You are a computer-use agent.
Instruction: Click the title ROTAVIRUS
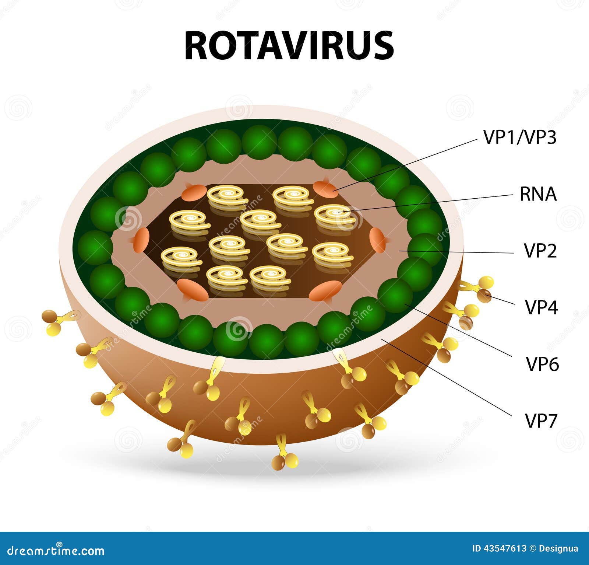tap(289, 46)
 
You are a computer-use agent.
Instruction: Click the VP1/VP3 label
tap(519, 137)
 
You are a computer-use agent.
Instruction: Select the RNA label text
tap(538, 194)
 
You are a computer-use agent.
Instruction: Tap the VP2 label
tap(540, 251)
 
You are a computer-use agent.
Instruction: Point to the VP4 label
tap(541, 307)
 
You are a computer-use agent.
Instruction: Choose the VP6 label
tap(542, 364)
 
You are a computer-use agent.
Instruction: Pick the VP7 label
tap(541, 421)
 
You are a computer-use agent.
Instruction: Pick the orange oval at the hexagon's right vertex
tap(377, 240)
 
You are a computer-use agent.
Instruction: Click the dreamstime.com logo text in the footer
tap(56, 551)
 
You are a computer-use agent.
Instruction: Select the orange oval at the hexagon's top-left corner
tap(194, 192)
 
